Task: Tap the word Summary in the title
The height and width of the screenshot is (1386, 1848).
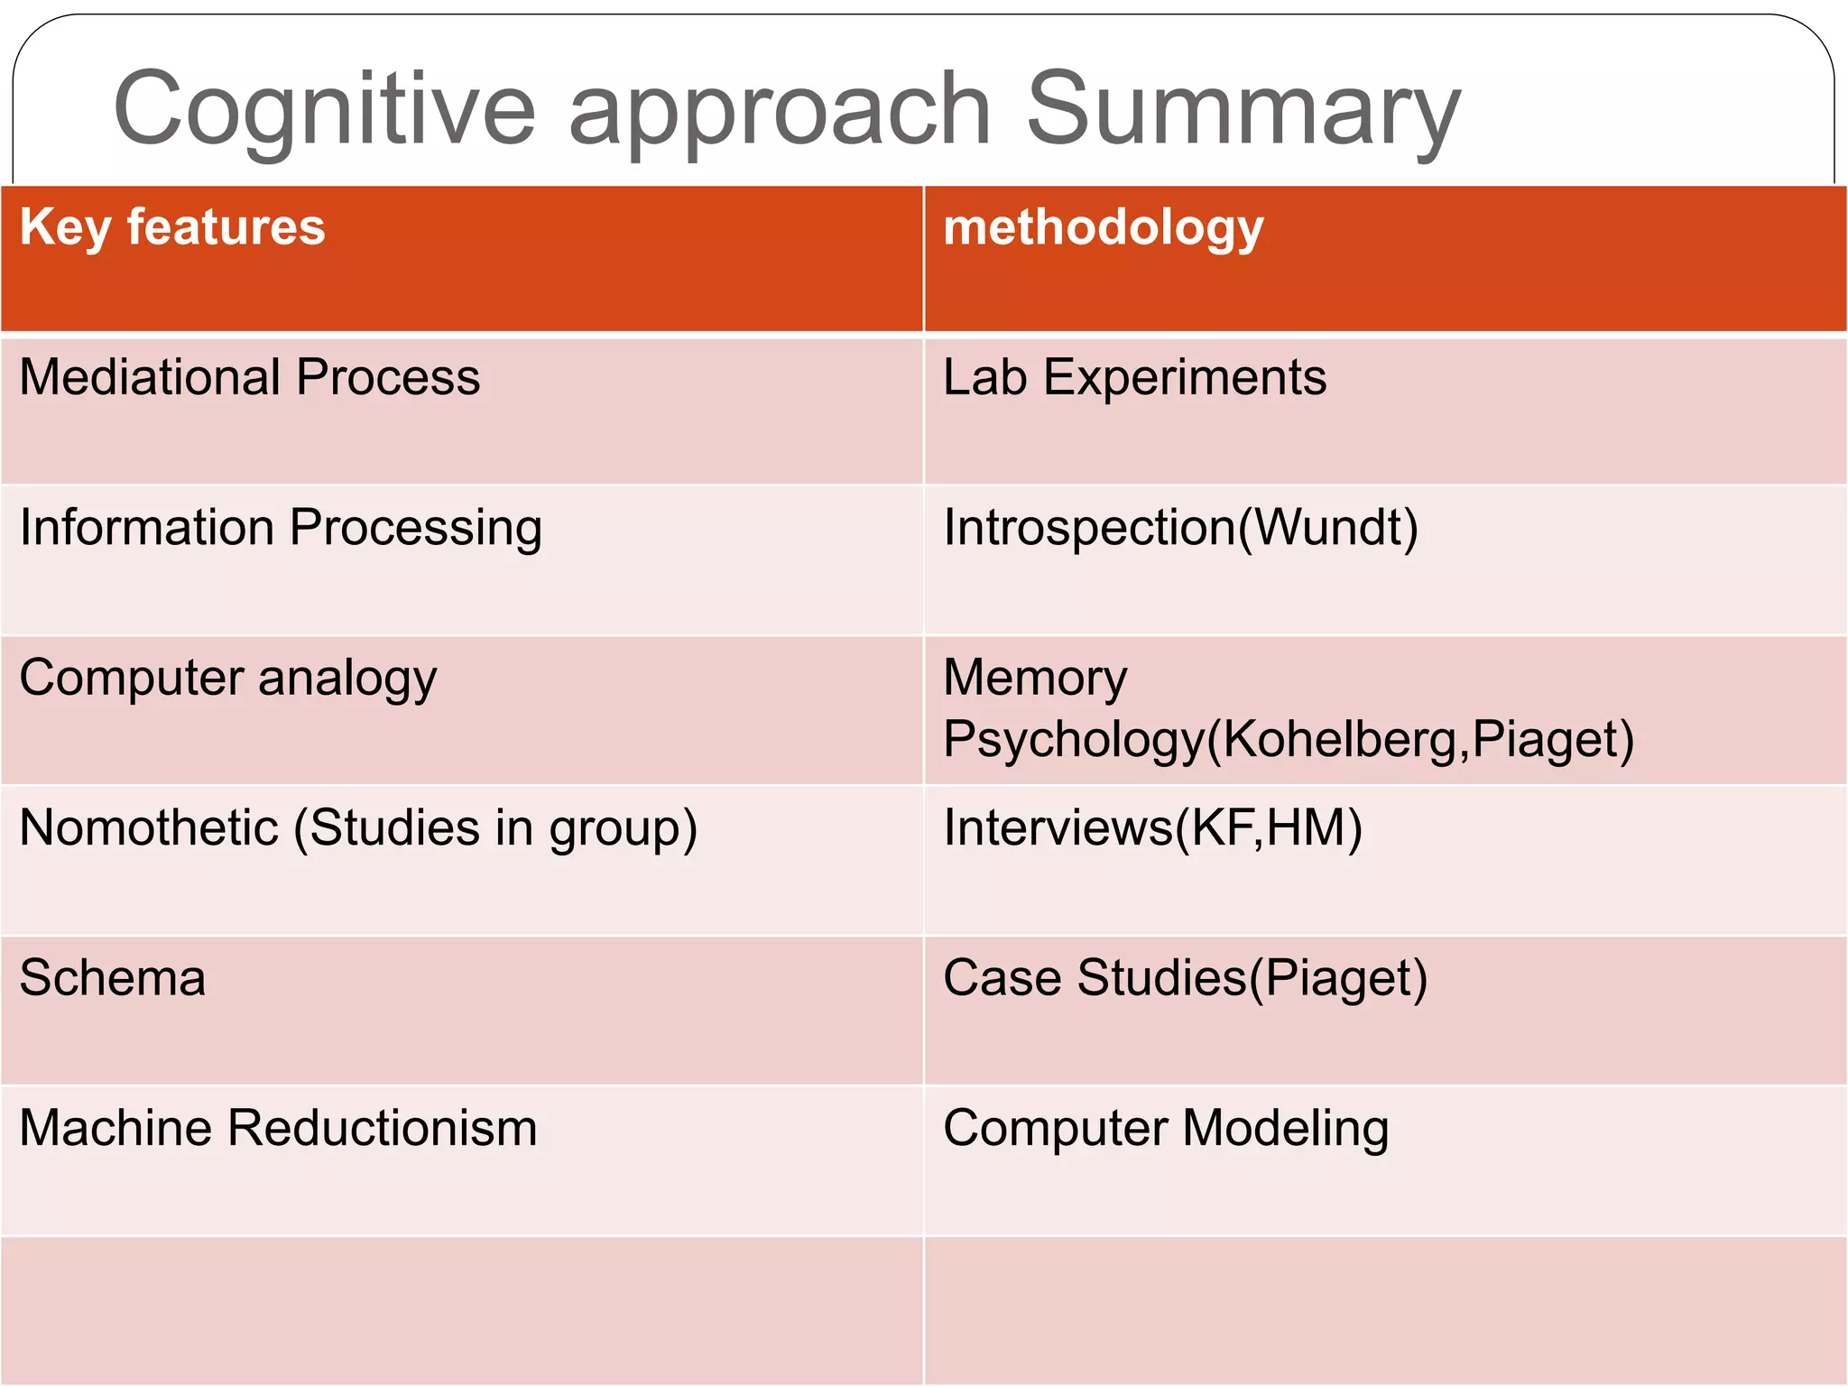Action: [1243, 110]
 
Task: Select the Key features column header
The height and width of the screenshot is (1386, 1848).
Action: [172, 226]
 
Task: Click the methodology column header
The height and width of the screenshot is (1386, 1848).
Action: [1103, 226]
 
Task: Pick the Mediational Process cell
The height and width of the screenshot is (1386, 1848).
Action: [250, 377]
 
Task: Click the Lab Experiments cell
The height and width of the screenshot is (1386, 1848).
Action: [1134, 377]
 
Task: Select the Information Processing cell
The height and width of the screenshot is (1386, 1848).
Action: [281, 528]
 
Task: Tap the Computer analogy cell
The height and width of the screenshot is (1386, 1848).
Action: [228, 679]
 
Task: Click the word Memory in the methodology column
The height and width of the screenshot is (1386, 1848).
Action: [1035, 678]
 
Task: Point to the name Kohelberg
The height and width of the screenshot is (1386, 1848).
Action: [1340, 739]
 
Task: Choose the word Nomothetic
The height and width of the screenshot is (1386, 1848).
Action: [149, 827]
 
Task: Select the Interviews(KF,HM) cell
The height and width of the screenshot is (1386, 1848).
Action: [1152, 828]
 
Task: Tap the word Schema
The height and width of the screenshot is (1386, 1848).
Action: [113, 978]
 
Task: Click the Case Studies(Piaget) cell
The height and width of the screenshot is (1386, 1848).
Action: [1185, 978]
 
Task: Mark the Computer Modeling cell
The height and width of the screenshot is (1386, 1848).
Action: [1166, 1129]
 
